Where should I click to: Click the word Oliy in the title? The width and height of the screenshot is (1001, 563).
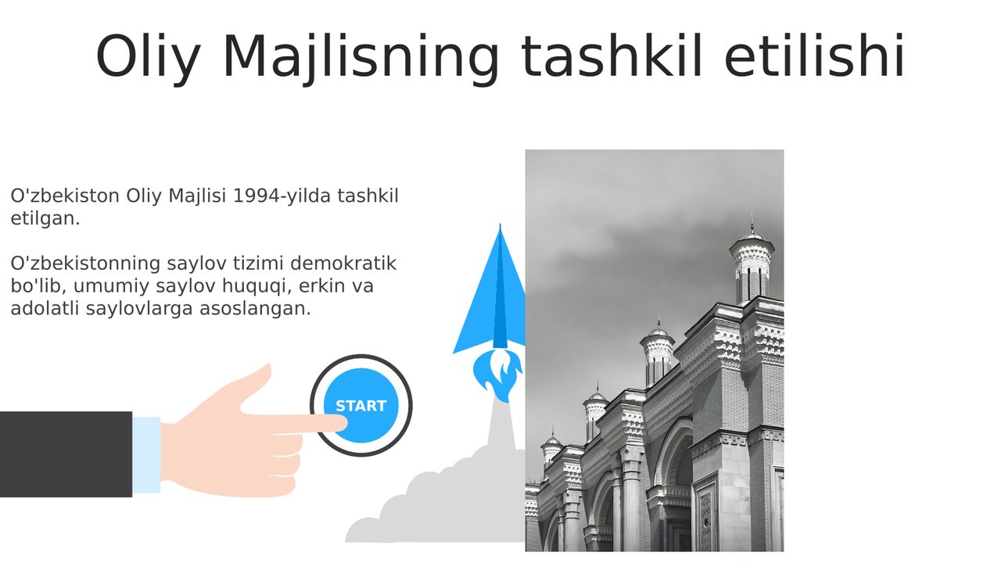pyautogui.click(x=148, y=57)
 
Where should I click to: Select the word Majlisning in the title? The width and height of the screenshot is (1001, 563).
pyautogui.click(x=361, y=58)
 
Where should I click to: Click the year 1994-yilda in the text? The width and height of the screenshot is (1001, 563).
pyautogui.click(x=282, y=196)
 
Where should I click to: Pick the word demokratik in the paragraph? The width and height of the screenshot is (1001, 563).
pyautogui.click(x=343, y=264)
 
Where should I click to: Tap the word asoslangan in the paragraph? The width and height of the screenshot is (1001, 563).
pyautogui.click(x=255, y=309)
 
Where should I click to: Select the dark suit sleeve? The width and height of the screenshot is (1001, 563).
pyautogui.click(x=66, y=454)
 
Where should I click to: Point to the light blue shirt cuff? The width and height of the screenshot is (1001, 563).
pyautogui.click(x=146, y=455)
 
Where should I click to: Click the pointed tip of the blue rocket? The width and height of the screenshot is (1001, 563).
pyautogui.click(x=500, y=224)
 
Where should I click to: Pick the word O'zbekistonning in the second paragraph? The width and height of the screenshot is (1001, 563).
pyautogui.click(x=85, y=264)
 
